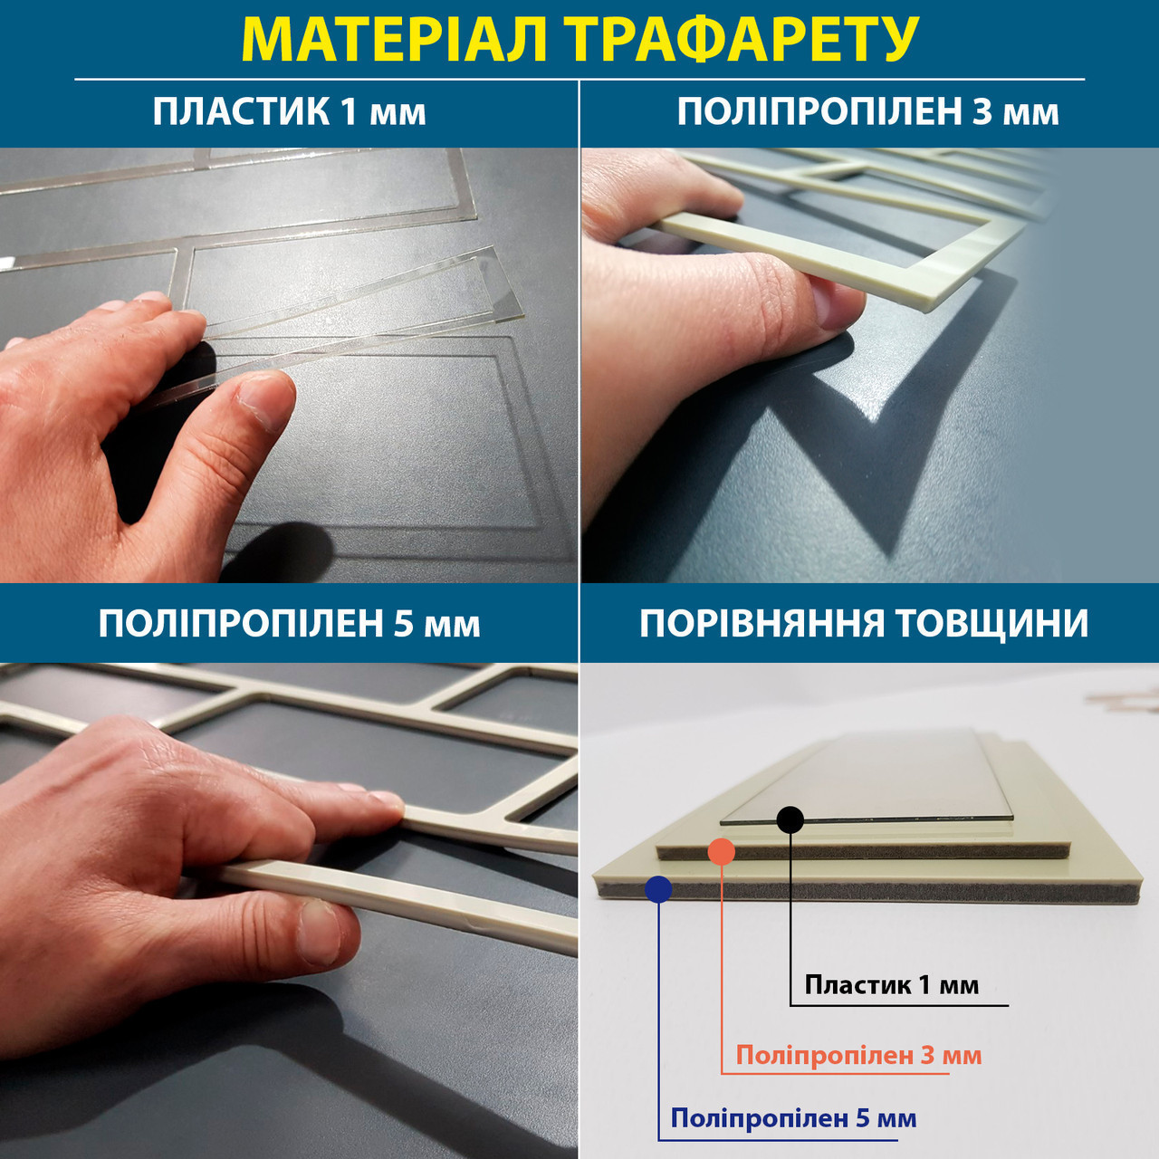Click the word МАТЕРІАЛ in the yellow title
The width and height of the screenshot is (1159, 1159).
[393, 39]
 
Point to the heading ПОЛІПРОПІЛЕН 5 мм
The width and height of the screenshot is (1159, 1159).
[290, 624]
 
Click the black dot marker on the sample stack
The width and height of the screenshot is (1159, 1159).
[790, 819]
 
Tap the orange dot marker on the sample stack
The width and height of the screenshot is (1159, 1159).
[721, 852]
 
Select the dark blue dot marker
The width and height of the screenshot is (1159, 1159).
[658, 889]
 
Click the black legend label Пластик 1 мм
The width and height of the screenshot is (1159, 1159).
[891, 985]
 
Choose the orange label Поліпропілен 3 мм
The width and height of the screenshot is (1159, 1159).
[858, 1056]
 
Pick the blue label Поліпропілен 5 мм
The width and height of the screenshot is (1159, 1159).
[793, 1118]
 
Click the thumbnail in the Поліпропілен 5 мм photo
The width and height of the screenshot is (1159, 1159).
[320, 931]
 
